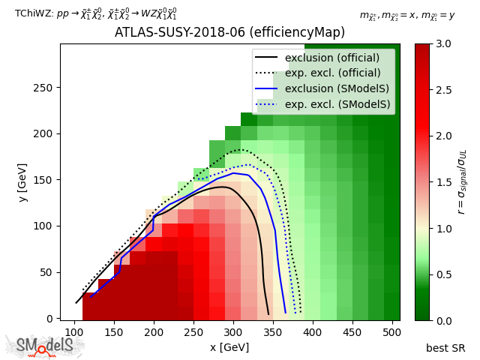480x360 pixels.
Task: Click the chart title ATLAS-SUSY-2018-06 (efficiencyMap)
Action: coord(229,33)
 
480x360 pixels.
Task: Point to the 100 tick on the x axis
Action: coord(74,331)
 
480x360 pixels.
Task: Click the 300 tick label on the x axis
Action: coord(233,331)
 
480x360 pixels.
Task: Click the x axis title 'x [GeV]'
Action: coord(229,347)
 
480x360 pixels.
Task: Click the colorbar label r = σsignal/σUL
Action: coord(462,181)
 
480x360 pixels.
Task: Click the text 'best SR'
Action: coord(445,348)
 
